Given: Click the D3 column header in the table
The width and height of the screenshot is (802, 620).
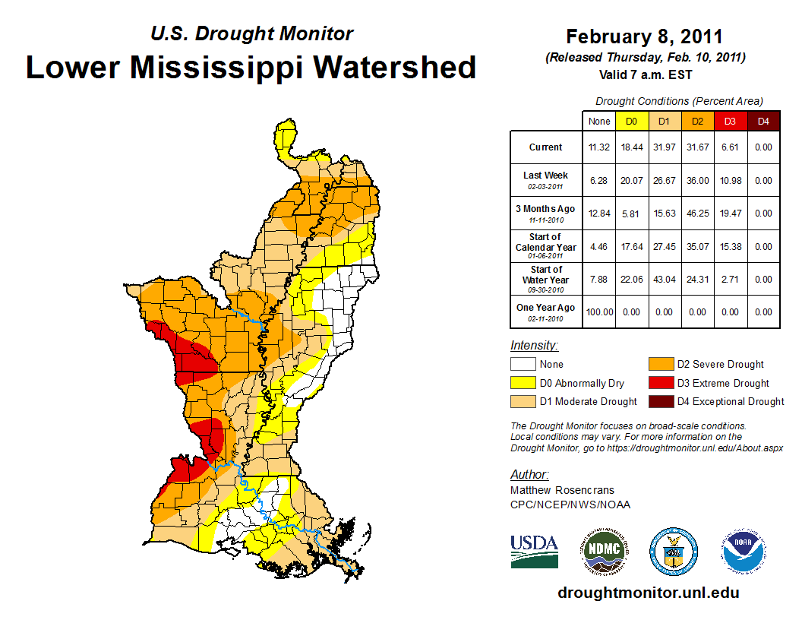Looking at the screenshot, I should point(730,121).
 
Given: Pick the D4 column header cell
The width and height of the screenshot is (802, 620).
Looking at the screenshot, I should point(763,121).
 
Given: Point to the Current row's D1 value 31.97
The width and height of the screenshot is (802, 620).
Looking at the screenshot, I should point(664,147).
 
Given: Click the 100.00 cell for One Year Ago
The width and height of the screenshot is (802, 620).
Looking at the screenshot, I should point(598,312).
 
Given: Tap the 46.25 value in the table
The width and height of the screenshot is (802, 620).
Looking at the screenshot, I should point(697,214).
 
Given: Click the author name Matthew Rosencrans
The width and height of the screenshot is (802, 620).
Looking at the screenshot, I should point(562,490).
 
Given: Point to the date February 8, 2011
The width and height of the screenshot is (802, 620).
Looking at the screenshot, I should point(644,36).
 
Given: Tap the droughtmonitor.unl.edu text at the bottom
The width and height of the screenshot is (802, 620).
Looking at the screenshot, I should point(648,593).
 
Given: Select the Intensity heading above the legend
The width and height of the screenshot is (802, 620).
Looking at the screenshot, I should point(534,345).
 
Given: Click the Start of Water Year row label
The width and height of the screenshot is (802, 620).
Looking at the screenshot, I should point(545,279).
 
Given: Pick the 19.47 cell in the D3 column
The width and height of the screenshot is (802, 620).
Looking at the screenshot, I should point(730,214).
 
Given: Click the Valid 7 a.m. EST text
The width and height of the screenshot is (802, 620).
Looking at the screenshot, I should point(644,74).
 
